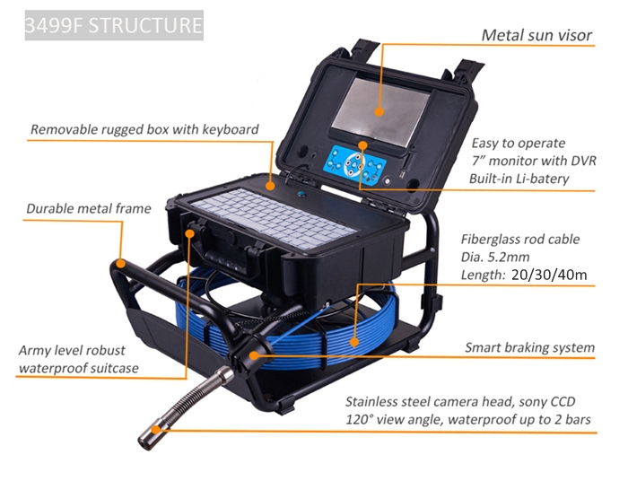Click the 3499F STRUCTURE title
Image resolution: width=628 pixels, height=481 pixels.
coord(114,25)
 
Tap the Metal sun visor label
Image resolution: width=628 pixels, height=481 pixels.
coord(536,35)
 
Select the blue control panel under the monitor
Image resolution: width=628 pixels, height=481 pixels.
coord(355,164)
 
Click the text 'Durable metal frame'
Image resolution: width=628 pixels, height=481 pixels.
coord(89,209)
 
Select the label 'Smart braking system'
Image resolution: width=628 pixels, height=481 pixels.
coord(529,347)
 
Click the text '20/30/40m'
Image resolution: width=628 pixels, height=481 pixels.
coord(549,275)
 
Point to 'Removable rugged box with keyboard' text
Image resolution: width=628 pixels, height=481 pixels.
coord(144,129)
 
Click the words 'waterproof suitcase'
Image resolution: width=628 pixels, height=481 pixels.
coord(79,368)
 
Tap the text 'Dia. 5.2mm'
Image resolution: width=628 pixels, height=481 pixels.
coord(495,257)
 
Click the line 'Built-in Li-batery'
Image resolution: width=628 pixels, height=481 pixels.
coord(519,179)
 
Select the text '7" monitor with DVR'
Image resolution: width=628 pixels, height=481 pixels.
coord(534,161)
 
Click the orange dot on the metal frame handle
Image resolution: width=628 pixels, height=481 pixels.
coord(120,263)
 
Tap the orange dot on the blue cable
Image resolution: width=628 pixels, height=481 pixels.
coord(354,342)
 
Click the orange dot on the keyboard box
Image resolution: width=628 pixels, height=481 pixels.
coord(271,186)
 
